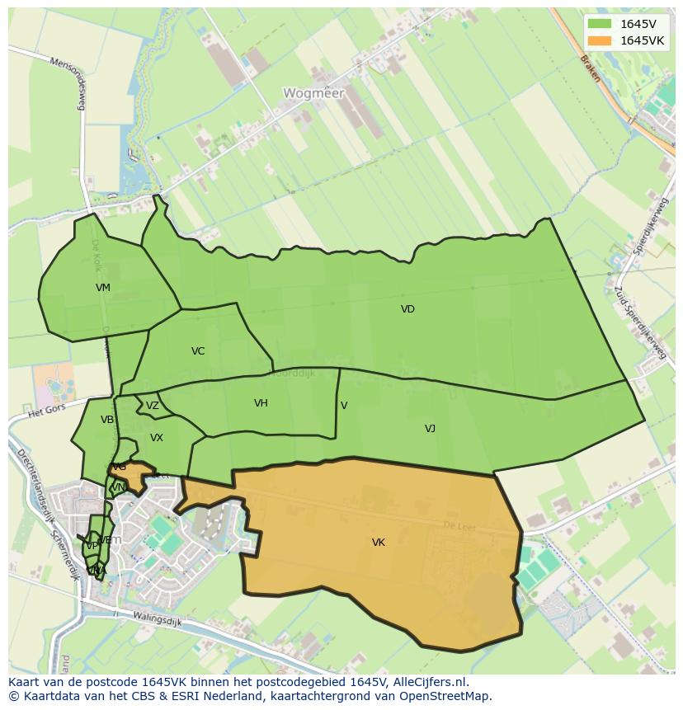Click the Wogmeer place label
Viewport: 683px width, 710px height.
(x=313, y=93)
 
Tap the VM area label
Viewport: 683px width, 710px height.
(x=103, y=288)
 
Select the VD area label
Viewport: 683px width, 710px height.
(x=407, y=309)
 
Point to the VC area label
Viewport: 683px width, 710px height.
(x=198, y=351)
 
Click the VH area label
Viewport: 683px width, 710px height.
(x=261, y=403)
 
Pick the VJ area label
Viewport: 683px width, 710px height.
(x=430, y=429)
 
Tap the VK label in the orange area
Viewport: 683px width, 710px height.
(x=378, y=543)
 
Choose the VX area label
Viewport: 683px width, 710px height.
(x=157, y=438)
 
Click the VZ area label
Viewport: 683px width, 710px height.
(x=153, y=406)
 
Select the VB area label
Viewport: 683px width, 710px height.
(x=107, y=420)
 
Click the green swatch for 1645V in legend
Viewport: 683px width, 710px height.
(x=601, y=24)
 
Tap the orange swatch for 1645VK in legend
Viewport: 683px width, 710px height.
(x=601, y=40)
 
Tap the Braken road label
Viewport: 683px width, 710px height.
(x=590, y=68)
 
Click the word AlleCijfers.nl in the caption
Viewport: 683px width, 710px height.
(x=428, y=682)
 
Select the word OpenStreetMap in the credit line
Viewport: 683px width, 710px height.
(x=448, y=696)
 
